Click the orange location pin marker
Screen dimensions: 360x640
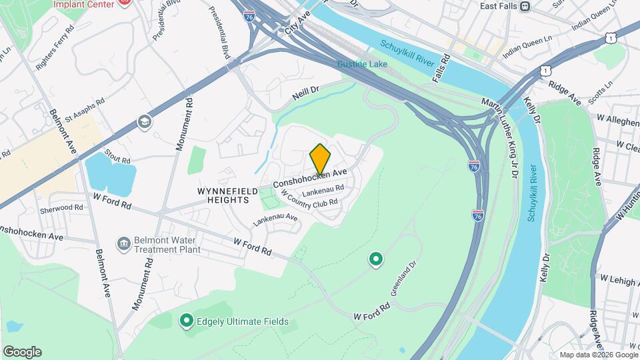coord(320,159)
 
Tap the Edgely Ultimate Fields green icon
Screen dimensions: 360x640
coord(187,322)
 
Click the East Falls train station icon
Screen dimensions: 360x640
coord(525,6)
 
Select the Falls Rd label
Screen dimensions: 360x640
coord(441,69)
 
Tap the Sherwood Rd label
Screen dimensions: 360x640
coord(61,207)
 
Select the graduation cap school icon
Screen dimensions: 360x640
coord(143,121)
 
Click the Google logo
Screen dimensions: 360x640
coord(21,352)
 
